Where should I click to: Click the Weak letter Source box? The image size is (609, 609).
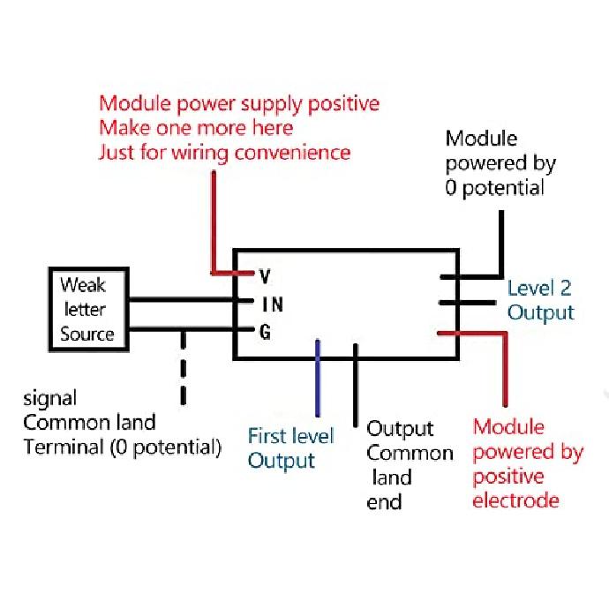pyautogui.click(x=86, y=309)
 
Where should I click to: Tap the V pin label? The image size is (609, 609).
pyautogui.click(x=265, y=276)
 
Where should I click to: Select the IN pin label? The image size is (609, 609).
pyautogui.click(x=272, y=304)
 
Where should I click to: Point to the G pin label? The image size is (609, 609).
pyautogui.click(x=265, y=333)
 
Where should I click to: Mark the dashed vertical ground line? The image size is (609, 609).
pyautogui.click(x=183, y=371)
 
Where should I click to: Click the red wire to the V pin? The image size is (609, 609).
pyautogui.click(x=213, y=221)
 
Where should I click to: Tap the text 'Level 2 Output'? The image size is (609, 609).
pyautogui.click(x=540, y=300)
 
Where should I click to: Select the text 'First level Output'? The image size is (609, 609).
pyautogui.click(x=290, y=447)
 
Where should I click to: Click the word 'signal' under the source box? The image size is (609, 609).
pyautogui.click(x=50, y=397)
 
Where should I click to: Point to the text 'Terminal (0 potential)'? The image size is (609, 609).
pyautogui.click(x=122, y=447)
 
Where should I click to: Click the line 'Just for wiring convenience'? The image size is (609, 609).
pyautogui.click(x=224, y=153)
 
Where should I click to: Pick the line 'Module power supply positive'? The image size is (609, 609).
pyautogui.click(x=238, y=103)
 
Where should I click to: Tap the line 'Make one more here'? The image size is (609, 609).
pyautogui.click(x=195, y=128)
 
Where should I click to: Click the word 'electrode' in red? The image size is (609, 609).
pyautogui.click(x=515, y=501)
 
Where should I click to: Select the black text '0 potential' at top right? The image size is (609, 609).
pyautogui.click(x=494, y=188)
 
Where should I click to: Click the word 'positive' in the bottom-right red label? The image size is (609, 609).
pyautogui.click(x=508, y=477)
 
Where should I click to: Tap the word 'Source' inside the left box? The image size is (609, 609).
pyautogui.click(x=86, y=334)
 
